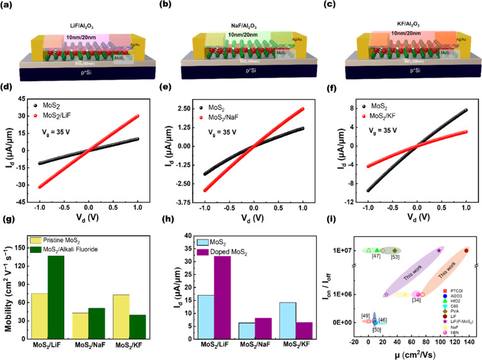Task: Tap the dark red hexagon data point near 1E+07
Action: [466, 250]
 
